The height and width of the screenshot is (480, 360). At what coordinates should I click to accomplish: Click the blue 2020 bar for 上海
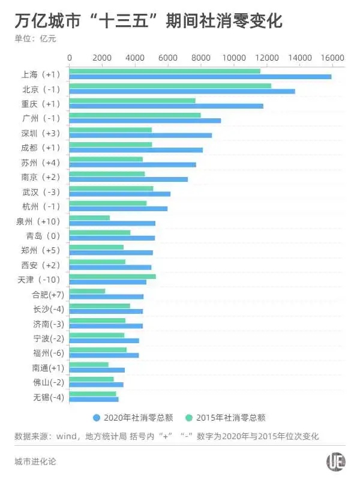[200, 77]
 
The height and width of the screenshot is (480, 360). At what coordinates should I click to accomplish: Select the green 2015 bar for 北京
[170, 86]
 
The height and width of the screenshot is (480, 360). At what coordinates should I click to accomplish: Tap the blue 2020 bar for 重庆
[166, 106]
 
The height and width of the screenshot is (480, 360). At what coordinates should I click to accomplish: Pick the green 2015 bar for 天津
[113, 277]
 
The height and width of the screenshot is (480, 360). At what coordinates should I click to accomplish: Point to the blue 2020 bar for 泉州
[112, 223]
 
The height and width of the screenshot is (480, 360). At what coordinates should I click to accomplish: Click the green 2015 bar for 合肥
[88, 291]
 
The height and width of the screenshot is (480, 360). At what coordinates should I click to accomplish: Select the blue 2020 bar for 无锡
[94, 399]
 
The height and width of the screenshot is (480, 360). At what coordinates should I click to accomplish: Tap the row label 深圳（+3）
[41, 133]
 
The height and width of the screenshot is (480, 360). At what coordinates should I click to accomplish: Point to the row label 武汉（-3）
[41, 191]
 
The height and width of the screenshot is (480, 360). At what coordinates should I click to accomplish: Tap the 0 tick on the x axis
[70, 58]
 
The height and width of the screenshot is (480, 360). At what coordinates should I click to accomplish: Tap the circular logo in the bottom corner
[334, 461]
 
